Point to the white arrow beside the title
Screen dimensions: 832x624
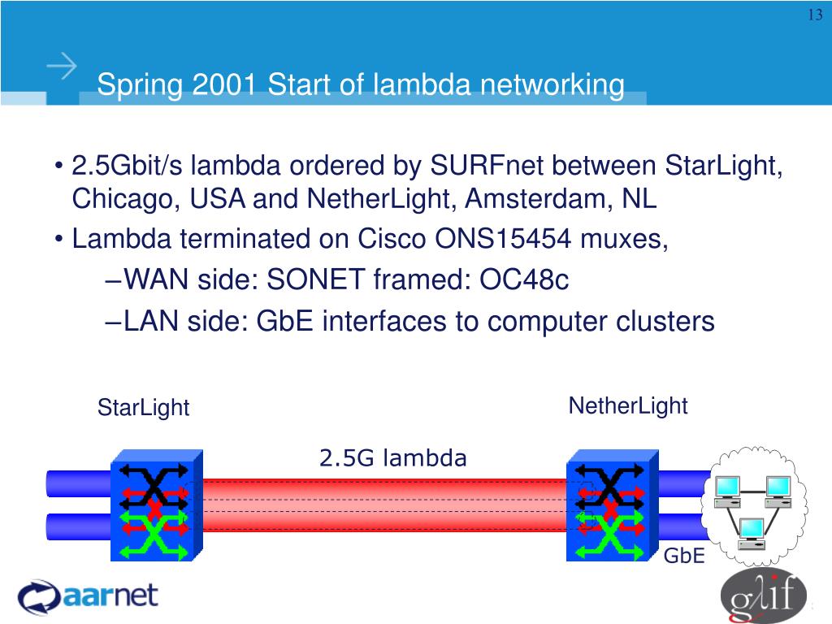point(62,67)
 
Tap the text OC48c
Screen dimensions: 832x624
point(524,280)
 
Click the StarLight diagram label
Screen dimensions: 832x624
point(143,408)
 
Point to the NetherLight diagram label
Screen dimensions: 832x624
point(628,405)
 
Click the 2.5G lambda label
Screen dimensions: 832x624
point(393,459)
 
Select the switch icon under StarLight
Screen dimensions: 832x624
point(155,505)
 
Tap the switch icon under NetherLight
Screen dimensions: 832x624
point(611,505)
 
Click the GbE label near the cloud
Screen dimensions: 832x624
point(683,557)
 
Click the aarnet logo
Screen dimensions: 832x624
point(88,596)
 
